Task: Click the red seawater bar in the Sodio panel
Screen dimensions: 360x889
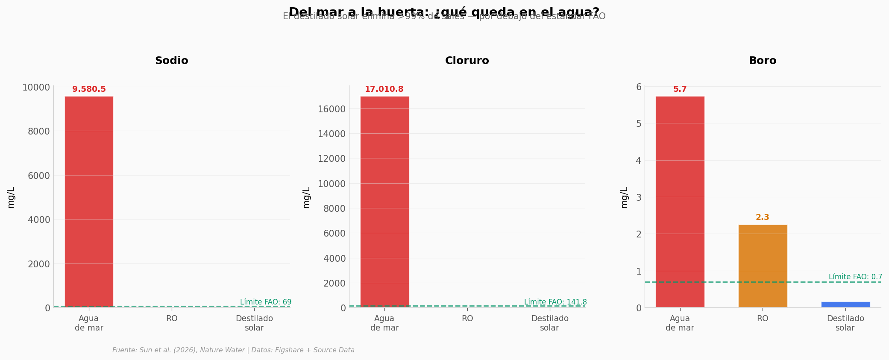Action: (x=89, y=201)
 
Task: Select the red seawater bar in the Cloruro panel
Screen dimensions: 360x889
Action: (x=384, y=201)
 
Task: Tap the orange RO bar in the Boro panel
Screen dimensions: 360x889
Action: (x=763, y=266)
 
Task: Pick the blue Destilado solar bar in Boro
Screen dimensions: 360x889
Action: (x=845, y=304)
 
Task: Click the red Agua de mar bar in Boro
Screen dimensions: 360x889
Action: (x=680, y=201)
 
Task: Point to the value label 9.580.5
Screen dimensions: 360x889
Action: (x=89, y=89)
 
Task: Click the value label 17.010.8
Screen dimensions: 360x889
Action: (x=384, y=89)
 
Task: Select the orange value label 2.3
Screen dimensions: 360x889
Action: (x=763, y=217)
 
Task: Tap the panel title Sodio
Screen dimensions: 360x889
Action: (x=172, y=61)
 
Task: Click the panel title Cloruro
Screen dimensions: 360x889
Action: (x=467, y=61)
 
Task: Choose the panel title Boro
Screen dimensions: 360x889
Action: (x=763, y=61)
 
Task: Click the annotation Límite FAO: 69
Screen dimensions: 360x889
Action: (x=266, y=302)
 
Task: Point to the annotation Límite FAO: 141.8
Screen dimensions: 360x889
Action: (x=555, y=302)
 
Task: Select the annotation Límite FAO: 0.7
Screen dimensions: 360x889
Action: (x=855, y=277)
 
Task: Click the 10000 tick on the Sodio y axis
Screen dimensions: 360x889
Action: (x=36, y=88)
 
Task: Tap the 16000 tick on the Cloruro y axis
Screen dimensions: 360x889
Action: (x=332, y=109)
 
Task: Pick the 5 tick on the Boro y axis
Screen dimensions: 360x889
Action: (x=639, y=123)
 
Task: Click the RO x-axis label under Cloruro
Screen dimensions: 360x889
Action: (x=467, y=319)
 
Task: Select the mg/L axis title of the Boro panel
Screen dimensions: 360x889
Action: (x=624, y=197)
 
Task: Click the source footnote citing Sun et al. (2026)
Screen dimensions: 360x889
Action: (x=233, y=350)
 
